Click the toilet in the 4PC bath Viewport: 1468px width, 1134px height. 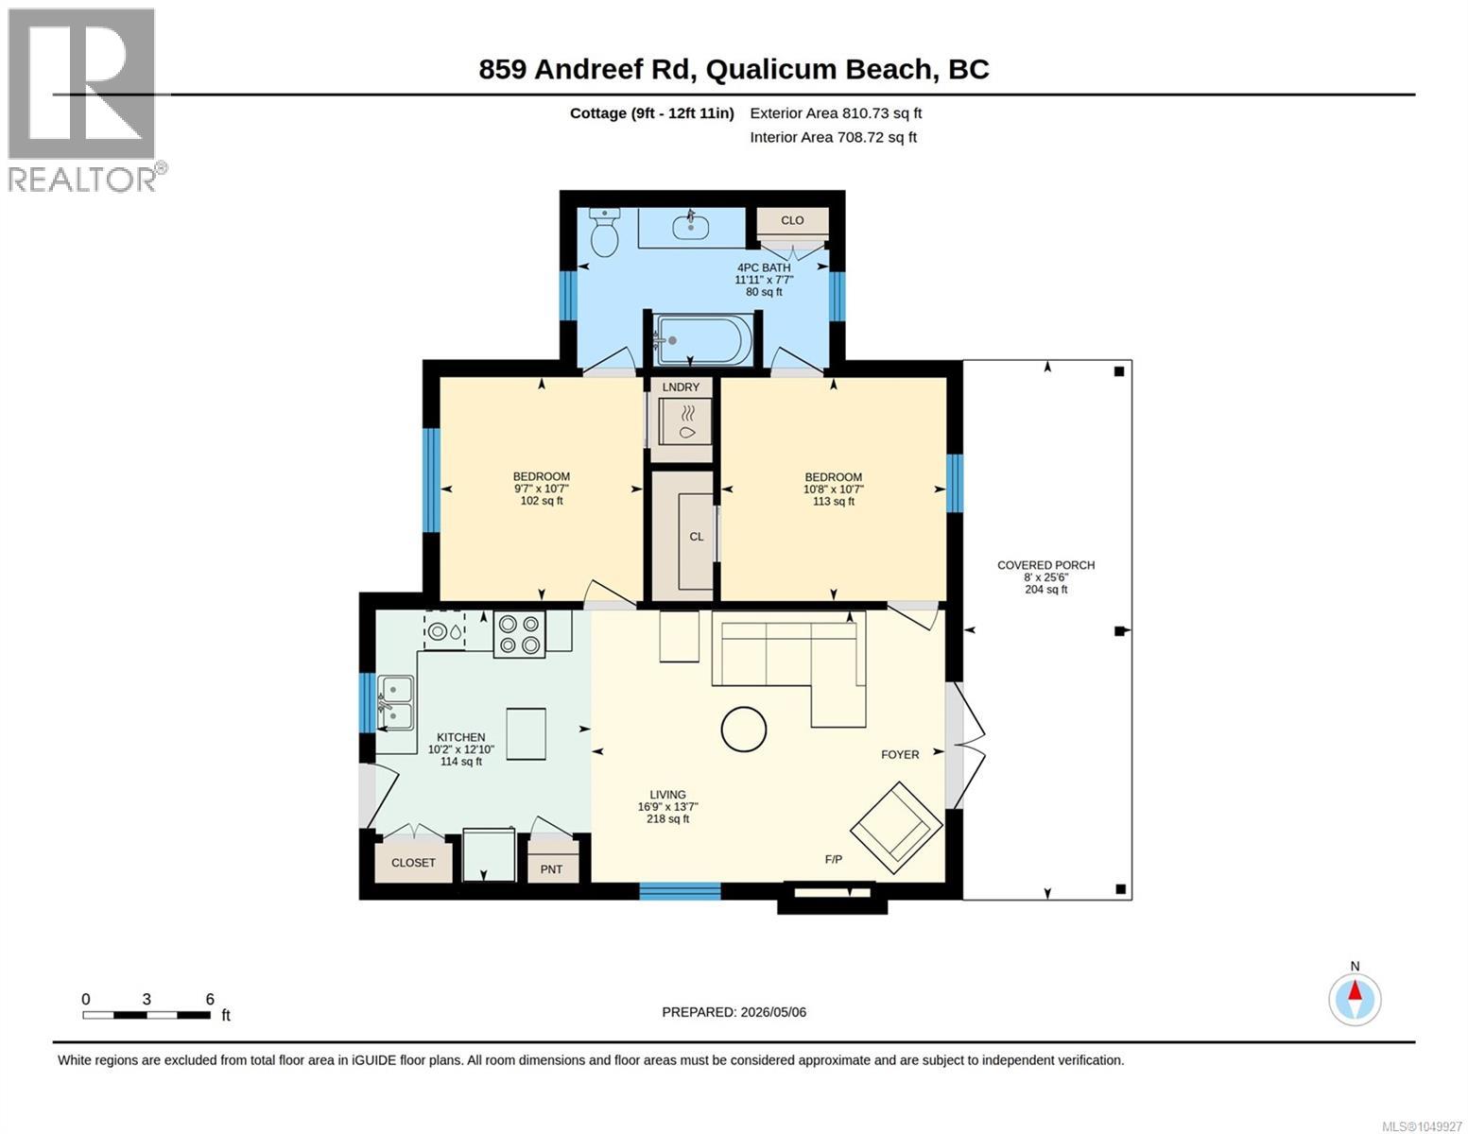605,231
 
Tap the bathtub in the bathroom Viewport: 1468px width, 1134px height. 704,339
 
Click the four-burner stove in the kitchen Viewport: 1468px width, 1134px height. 519,633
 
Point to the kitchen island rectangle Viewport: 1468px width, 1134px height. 526,733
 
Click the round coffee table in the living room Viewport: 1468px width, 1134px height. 743,730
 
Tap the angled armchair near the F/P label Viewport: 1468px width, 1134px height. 896,830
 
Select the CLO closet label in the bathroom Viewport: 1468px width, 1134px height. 792,220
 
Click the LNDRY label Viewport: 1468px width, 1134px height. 681,387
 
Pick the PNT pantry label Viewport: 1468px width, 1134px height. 551,869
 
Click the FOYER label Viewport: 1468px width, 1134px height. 900,754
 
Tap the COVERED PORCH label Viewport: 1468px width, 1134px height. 1045,564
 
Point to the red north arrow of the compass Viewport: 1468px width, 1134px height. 1356,990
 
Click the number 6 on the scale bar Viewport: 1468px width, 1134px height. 210,999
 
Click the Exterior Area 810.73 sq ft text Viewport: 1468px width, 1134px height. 836,113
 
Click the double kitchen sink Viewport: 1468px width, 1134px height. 396,702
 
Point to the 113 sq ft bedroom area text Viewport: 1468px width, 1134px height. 833,501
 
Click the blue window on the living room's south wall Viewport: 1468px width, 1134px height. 680,891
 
